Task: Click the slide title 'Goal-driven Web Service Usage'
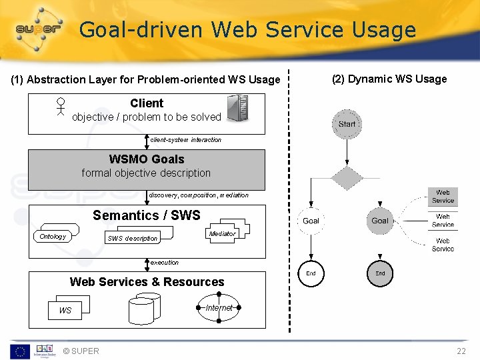pos(247,30)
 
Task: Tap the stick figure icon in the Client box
pos(61,108)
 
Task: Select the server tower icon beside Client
pos(237,108)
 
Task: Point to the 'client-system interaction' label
pos(185,140)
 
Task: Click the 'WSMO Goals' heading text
pos(146,159)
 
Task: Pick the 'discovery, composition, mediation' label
pos(198,195)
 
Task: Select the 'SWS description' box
pos(133,237)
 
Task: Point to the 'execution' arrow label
pos(164,263)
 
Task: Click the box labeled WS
pos(65,310)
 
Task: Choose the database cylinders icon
pos(144,309)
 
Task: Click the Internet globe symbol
pos(219,307)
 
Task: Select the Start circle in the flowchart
pos(347,124)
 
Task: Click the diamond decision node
pos(347,178)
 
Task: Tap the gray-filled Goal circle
pos(380,221)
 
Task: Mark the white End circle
pos(311,273)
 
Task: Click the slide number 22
pos(461,351)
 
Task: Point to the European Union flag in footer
pos(19,351)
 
